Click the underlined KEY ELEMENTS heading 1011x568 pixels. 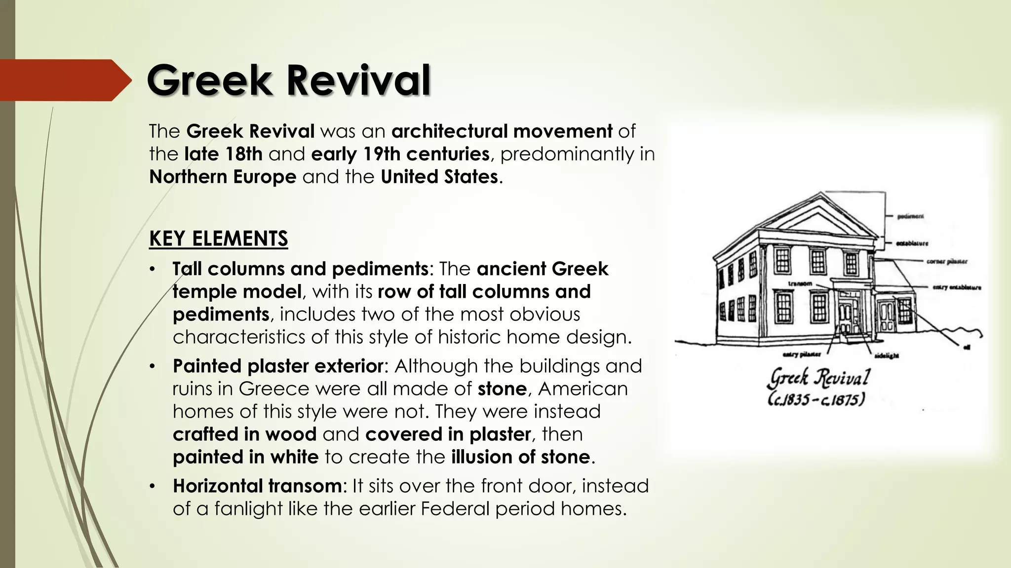coord(218,239)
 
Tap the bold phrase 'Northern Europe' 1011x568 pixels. coord(223,177)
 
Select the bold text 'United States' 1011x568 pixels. coord(439,177)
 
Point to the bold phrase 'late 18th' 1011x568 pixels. coord(223,154)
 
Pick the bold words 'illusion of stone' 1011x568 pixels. coord(520,457)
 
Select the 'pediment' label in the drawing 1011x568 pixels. coord(911,216)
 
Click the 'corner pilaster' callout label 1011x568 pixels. coord(946,262)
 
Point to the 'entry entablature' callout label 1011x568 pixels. coord(956,287)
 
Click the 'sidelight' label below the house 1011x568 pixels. coord(886,355)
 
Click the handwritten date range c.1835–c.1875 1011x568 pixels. coord(816,399)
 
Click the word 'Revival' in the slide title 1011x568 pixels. coord(358,80)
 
